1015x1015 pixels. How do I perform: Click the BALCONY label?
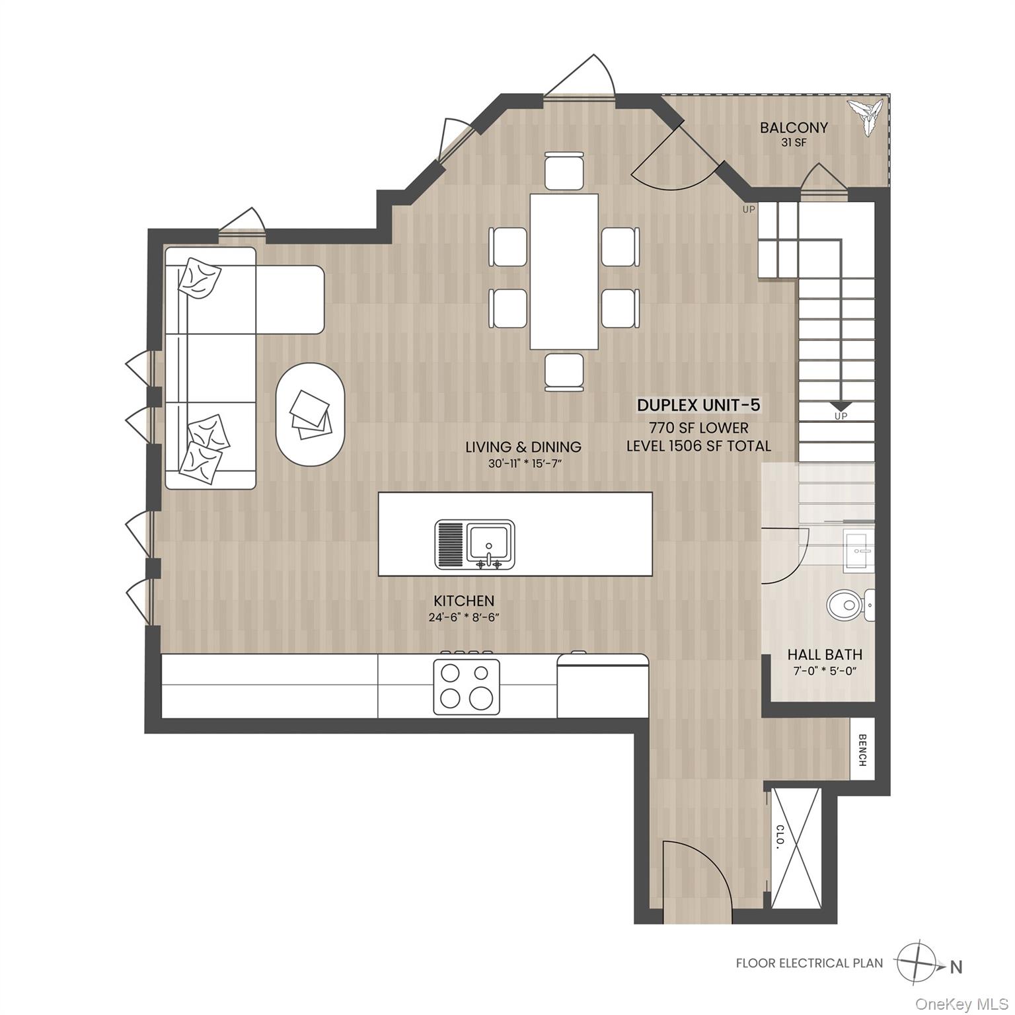click(793, 128)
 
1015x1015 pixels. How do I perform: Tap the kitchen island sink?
click(488, 543)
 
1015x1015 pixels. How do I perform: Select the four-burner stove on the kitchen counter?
click(467, 686)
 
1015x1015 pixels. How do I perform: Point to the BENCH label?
click(862, 750)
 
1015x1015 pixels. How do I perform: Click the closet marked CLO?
click(796, 848)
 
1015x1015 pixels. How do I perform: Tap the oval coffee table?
click(310, 415)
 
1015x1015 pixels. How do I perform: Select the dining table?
click(564, 272)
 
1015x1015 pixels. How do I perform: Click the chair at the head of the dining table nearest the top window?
click(564, 170)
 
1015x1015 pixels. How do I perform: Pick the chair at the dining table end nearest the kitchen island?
click(564, 372)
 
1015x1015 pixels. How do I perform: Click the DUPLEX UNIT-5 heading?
click(698, 405)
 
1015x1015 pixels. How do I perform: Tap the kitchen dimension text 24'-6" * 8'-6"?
click(463, 618)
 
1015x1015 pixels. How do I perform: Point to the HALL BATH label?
click(824, 655)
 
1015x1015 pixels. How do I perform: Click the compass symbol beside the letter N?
click(916, 963)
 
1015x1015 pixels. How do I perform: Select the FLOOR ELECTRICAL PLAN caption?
click(809, 963)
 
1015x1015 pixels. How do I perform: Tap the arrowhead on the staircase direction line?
click(840, 406)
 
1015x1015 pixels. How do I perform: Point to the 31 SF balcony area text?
click(793, 143)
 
